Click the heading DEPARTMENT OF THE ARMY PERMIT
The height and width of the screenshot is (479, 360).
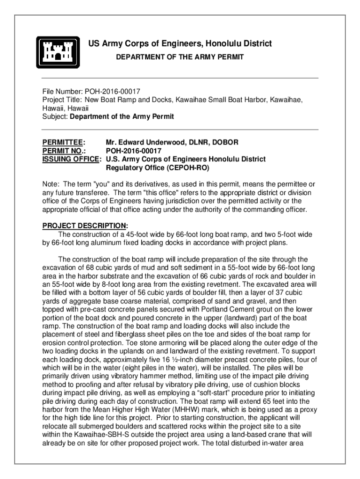(180, 57)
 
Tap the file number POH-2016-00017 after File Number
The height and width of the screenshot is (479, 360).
(113, 91)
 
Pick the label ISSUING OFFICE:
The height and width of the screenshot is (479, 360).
(72, 159)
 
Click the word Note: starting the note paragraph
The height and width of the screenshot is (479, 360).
(51, 184)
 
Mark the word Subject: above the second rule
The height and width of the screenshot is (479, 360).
(55, 116)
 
